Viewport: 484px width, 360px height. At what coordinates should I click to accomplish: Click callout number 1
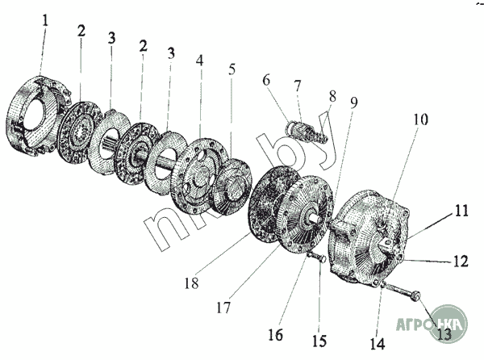tap(46, 19)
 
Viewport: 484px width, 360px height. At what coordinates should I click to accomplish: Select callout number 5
tap(232, 69)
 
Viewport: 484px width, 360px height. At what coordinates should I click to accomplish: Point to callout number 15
tap(319, 339)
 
